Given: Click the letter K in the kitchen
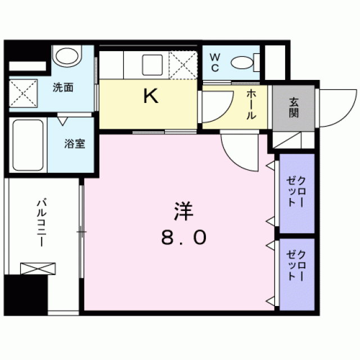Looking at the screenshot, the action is pos(151,96).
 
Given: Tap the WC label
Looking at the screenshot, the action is pos(215,62).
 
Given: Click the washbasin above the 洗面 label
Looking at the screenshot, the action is pos(67,56).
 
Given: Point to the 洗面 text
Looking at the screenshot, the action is pos(63,88).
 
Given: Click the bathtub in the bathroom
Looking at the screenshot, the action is pos(28,145).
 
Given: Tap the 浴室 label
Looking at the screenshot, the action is pos(75,144).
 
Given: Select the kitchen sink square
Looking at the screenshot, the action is pos(152,65).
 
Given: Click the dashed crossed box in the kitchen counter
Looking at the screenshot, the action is pos(183,65).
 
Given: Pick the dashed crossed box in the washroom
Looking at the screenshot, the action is pos(23,93).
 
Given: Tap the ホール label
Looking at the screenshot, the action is pos(251,105).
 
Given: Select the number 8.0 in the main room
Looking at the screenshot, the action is pos(184,238).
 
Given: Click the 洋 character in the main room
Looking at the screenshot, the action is pos(184,211).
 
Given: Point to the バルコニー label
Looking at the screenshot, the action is pos(42,222).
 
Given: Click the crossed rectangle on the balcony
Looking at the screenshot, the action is pos(38,269).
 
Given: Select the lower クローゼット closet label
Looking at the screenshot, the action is pos(296,265).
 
